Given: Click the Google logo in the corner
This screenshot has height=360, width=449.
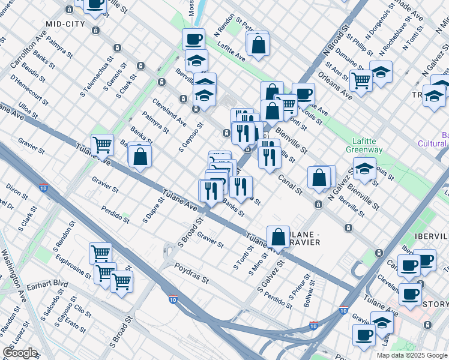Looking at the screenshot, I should point(20,353).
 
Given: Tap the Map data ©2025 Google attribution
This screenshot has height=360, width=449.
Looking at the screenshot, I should point(411,355).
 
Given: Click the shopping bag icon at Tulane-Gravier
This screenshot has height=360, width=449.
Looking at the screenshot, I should point(279,236).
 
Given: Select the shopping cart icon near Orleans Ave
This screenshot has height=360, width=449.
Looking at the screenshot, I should point(361,79).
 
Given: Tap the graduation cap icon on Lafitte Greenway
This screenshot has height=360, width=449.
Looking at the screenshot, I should point(364,168).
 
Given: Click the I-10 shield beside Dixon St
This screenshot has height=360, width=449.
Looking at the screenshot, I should point(43,188).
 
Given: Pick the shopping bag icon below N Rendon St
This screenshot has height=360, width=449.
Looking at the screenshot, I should point(258,44).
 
